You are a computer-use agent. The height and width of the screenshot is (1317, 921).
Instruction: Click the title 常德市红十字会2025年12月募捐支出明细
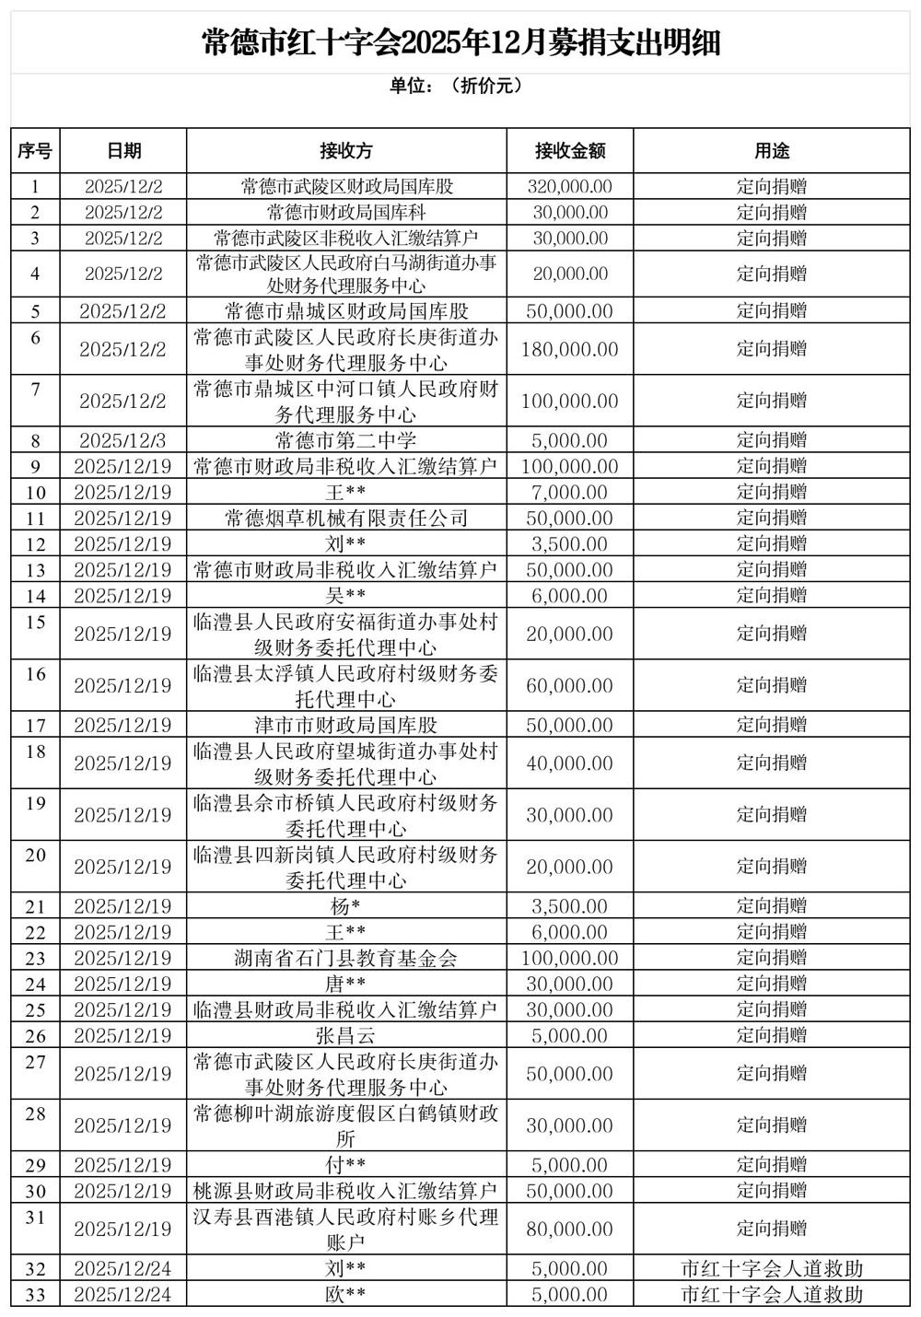460,41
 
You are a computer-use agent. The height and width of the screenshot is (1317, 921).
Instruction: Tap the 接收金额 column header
570,151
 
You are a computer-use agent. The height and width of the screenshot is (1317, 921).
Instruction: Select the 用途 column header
772,151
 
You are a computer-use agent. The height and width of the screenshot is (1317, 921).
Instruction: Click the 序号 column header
35,151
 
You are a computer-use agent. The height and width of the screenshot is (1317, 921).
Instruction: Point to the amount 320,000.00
569,187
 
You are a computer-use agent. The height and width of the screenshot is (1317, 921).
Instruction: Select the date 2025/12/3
122,441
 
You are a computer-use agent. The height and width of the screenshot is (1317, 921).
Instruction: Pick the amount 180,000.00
569,350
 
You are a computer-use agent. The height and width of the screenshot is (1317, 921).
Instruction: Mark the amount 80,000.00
569,1229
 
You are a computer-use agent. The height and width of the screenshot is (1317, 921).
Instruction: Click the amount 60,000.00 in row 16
569,686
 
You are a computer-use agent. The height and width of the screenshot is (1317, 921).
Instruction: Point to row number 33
35,1295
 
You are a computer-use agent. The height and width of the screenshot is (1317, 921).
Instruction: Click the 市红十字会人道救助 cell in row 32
772,1269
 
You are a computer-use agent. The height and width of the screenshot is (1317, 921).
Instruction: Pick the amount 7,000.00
569,493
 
